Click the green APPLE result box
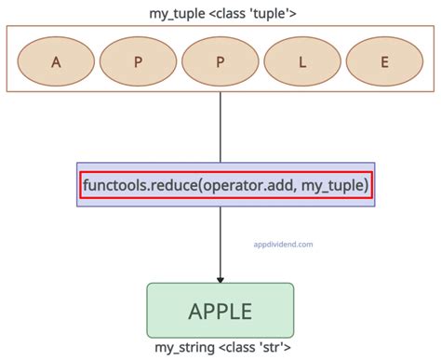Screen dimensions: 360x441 (x=220, y=310)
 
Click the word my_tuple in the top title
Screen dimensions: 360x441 (x=178, y=14)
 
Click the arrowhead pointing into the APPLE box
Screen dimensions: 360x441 (x=220, y=278)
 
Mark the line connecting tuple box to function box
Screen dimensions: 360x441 (x=220, y=127)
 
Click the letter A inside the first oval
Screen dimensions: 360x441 (x=57, y=62)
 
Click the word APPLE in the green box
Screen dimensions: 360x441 (x=220, y=310)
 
